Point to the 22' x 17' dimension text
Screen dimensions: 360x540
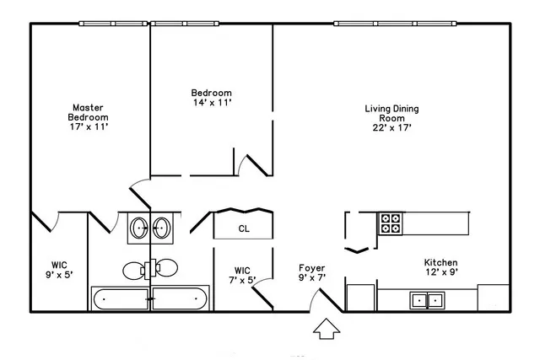391,128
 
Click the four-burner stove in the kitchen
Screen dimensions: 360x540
391,223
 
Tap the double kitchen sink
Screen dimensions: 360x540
427,299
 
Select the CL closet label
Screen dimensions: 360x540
243,228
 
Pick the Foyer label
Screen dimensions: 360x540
312,268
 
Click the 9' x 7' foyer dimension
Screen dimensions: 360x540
312,278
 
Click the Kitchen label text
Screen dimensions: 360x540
440,262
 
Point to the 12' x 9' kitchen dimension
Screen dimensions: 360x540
440,272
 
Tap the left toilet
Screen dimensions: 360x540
135,270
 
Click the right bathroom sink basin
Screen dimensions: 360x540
162,228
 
